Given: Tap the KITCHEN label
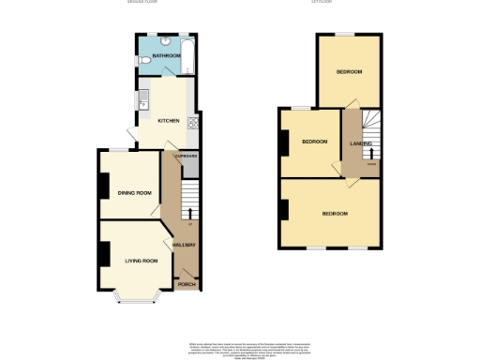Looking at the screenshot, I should pyautogui.click(x=169, y=120).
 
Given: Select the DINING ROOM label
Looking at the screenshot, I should pyautogui.click(x=134, y=193).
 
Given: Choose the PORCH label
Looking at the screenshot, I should pyautogui.click(x=186, y=283).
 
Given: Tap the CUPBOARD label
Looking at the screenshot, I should pyautogui.click(x=188, y=156).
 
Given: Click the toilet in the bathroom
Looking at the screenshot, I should pyautogui.click(x=142, y=61).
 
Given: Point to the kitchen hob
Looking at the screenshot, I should pyautogui.click(x=192, y=121).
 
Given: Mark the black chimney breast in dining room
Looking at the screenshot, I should pyautogui.click(x=102, y=186).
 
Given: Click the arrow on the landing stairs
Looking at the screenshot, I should pyautogui.click(x=372, y=152).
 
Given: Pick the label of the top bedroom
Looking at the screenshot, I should pyautogui.click(x=349, y=72).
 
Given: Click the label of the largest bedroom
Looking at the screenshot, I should pyautogui.click(x=335, y=214).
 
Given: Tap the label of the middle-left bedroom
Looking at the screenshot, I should pyautogui.click(x=314, y=142).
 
